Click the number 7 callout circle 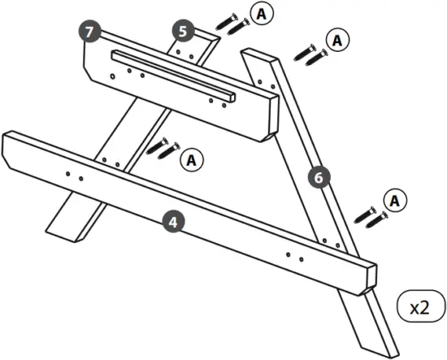click(90, 32)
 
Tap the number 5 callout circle click(183, 32)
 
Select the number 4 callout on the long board click(171, 219)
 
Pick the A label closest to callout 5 click(259, 13)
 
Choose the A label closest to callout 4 click(192, 160)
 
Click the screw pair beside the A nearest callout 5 click(232, 24)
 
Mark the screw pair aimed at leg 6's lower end click(371, 216)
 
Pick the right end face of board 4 click(369, 278)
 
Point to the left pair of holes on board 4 click(74, 174)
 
